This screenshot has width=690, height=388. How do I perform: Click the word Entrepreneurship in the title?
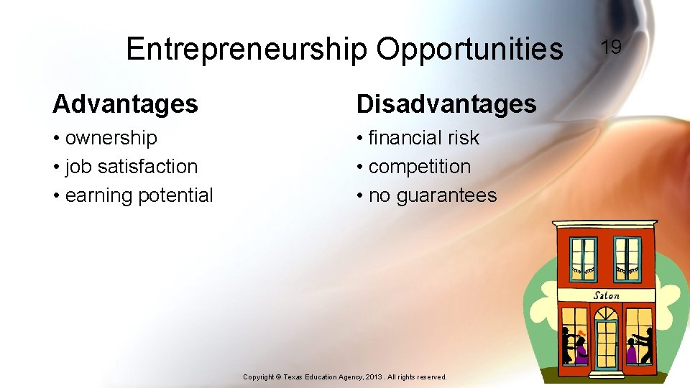(x=246, y=49)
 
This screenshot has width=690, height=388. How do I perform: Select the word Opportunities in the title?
(x=469, y=49)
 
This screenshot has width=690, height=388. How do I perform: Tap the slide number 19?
(x=611, y=47)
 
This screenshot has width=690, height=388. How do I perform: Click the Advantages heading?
(x=125, y=104)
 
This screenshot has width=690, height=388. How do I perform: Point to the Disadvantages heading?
(x=446, y=104)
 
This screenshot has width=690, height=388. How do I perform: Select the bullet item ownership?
(x=111, y=137)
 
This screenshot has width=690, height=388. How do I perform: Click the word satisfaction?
(x=147, y=166)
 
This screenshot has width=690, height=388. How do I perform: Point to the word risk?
(x=464, y=137)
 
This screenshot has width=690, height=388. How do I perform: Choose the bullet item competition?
(x=419, y=166)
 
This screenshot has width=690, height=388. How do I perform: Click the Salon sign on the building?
(x=606, y=295)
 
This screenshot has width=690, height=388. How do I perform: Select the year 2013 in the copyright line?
(x=373, y=377)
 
